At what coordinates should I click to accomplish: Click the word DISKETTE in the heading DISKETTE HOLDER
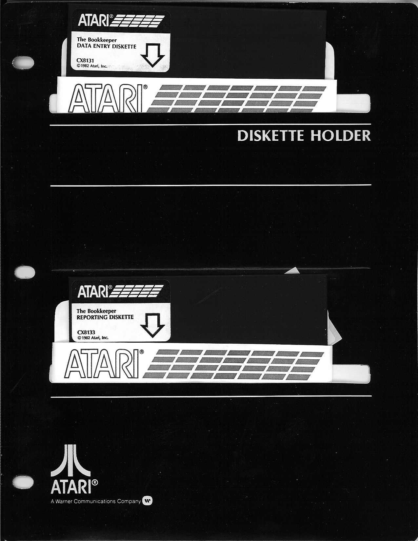click(270, 136)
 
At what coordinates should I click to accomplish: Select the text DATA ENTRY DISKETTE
click(106, 47)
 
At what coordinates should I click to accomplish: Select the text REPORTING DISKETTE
click(105, 317)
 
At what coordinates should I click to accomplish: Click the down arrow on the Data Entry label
click(152, 55)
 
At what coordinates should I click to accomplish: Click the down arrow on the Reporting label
click(152, 326)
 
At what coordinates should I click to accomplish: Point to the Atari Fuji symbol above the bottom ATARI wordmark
click(70, 461)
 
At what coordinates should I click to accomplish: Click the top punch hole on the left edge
click(23, 62)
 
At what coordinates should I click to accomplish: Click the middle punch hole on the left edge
click(25, 272)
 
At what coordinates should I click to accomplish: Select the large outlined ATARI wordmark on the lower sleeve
click(104, 363)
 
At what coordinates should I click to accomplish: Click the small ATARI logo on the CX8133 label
click(120, 291)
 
